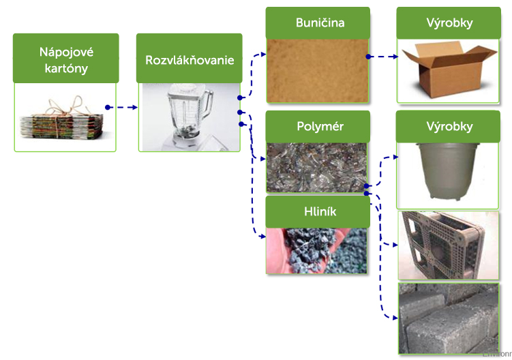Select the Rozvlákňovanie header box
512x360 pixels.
coord(189,59)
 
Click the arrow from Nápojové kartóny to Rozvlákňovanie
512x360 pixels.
coord(123,107)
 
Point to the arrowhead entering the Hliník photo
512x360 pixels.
coord(262,237)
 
